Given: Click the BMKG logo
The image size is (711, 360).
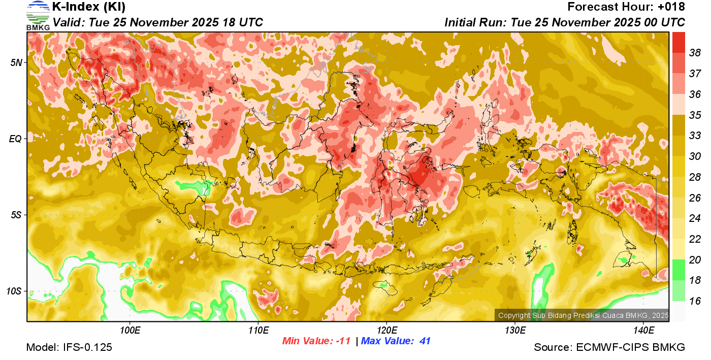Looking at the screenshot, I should coord(38,15).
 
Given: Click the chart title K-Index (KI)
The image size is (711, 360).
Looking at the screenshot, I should coord(89,7).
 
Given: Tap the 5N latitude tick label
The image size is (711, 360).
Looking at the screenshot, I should coord(16,62).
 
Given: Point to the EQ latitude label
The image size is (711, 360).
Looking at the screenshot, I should coord(16,139).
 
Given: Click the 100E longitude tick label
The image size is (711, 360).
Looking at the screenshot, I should coord(130,331).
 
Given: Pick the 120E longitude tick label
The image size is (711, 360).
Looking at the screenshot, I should coord(386,331).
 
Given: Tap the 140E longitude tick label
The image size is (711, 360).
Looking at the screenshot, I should coord(643,331).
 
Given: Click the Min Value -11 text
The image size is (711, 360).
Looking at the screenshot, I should coord(316,341).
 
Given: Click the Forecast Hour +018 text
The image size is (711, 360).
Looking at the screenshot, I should coord(626,7).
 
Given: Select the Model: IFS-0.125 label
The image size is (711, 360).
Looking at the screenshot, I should coord(69,347).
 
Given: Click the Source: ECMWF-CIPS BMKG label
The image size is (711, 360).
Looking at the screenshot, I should coord(609,347).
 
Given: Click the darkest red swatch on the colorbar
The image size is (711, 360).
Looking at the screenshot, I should coord(678,42).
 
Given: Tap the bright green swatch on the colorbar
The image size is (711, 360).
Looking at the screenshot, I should coord(678,270).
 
